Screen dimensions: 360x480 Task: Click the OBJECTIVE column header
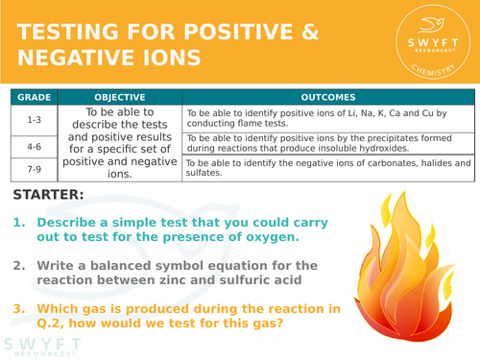pyautogui.click(x=120, y=97)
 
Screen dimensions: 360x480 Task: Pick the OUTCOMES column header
pyautogui.click(x=328, y=97)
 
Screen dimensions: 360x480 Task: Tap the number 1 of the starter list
pyautogui.click(x=19, y=222)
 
